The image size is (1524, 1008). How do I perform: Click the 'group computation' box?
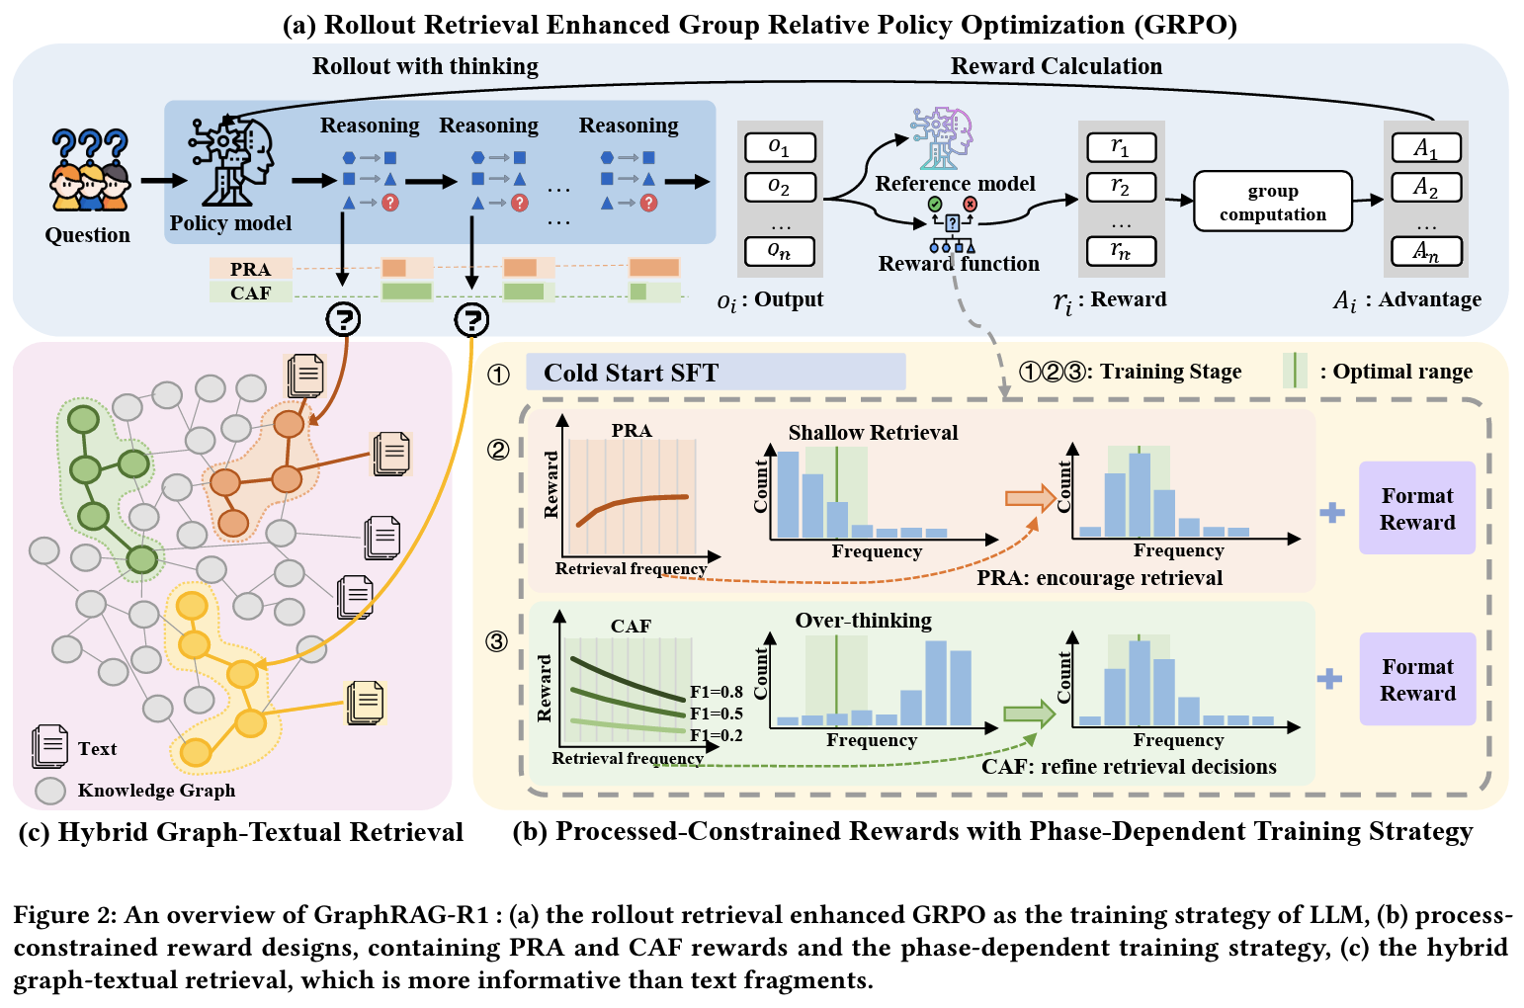coord(1272,202)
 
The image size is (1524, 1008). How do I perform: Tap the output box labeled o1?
coord(780,147)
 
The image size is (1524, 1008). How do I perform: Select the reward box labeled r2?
coord(1121,187)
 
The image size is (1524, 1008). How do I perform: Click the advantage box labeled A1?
coord(1425,148)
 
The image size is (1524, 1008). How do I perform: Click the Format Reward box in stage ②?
coord(1416,508)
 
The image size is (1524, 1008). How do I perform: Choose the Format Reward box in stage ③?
coord(1416,680)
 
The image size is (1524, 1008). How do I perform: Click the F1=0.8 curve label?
coord(717,692)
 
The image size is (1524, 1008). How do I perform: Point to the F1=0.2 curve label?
coord(717,735)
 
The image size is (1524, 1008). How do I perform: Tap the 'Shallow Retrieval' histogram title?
coord(873,432)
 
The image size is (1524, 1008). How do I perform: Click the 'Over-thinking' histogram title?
coord(863,621)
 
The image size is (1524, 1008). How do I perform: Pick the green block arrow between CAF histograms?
coord(1029,714)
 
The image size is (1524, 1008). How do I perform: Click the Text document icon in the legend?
coord(49,747)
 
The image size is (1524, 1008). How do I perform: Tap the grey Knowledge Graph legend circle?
coord(50,791)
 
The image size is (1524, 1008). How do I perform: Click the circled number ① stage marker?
coord(499,375)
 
